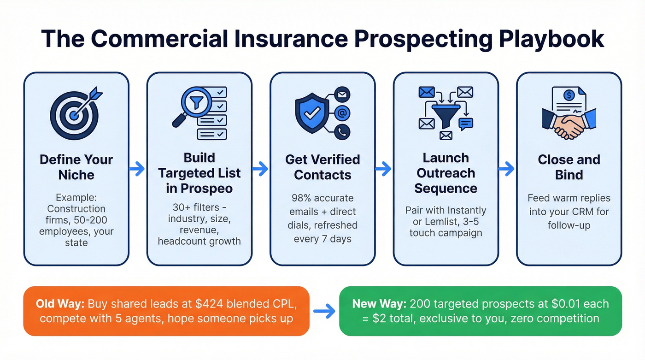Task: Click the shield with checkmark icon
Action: coord(311,112)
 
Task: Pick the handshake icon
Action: coord(569,122)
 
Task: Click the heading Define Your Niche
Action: coord(76,167)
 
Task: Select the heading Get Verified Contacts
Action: coord(322,167)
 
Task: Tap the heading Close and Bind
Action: coord(569,167)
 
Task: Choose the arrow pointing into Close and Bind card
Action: coord(507,169)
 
